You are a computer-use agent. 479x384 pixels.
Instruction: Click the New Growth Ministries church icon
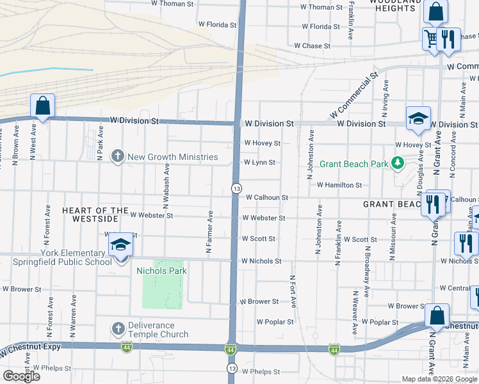(x=117, y=156)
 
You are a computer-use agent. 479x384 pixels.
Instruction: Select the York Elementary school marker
(x=120, y=246)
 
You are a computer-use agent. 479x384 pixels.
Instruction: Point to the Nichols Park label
(x=161, y=271)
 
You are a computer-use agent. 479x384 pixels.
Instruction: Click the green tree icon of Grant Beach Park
(x=397, y=164)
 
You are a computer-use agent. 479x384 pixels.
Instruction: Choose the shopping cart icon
(x=430, y=39)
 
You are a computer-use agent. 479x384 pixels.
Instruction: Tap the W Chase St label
(x=312, y=46)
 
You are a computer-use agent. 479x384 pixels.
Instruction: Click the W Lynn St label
(x=259, y=163)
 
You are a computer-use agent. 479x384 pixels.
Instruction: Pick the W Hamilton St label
(x=339, y=185)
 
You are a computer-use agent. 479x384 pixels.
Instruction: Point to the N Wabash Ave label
(x=166, y=184)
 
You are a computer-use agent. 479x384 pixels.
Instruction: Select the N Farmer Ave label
(x=209, y=232)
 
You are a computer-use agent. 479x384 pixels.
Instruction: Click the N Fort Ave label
(x=291, y=293)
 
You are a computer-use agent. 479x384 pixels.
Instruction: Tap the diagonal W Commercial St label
(x=351, y=97)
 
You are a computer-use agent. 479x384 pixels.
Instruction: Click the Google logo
(x=21, y=376)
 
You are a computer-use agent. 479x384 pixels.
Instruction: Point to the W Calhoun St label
(x=267, y=198)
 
